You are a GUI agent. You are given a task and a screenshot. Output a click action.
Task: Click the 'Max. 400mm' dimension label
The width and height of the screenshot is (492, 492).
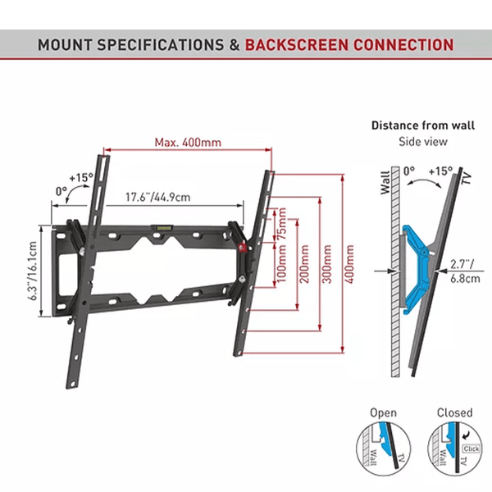(188, 142)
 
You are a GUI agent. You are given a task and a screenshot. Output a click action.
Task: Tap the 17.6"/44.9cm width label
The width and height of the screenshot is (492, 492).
(158, 197)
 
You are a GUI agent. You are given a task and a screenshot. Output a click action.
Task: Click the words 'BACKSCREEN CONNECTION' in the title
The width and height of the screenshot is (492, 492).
(348, 44)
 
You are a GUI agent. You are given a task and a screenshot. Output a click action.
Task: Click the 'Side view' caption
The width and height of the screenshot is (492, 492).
(421, 141)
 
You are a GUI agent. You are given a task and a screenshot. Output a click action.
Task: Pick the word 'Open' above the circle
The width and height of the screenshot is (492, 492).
(383, 412)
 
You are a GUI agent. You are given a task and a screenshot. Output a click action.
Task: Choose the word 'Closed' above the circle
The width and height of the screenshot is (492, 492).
(453, 412)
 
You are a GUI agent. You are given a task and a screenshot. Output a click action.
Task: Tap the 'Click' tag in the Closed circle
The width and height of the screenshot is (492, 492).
(471, 449)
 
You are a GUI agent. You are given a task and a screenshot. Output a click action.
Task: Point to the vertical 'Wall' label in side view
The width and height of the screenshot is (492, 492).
(385, 181)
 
